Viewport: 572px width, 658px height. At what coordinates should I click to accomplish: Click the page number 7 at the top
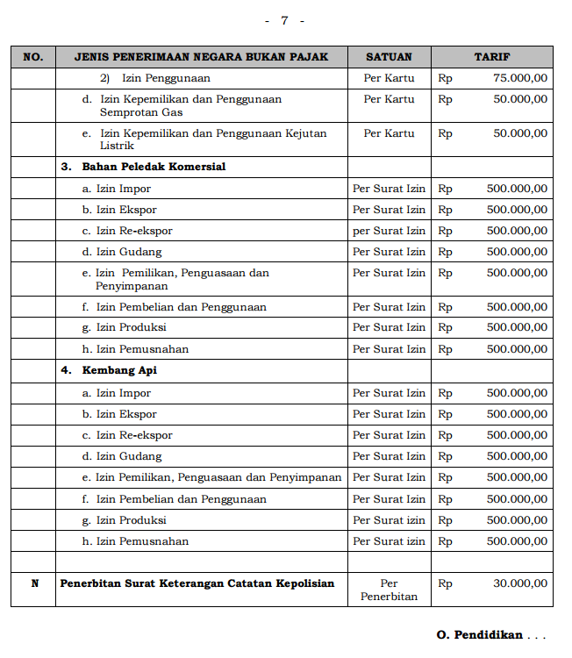tap(284, 20)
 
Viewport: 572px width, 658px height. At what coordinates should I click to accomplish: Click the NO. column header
tap(32, 57)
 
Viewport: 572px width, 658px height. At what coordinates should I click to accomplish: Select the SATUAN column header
tap(389, 57)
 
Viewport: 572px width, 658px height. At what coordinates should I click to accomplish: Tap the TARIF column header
tap(492, 57)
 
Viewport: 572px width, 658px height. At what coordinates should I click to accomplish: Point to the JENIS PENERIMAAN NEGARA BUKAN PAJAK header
tap(201, 57)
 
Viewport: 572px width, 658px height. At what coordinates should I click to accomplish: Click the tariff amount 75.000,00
tap(520, 78)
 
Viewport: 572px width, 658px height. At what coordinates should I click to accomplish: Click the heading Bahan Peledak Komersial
tap(154, 167)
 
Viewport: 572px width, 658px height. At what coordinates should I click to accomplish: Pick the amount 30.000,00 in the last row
tap(520, 583)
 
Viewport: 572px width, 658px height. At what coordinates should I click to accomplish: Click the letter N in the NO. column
tap(35, 583)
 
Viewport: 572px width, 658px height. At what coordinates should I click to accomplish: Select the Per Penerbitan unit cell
tap(389, 590)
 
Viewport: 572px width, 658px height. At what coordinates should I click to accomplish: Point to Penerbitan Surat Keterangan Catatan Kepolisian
tap(197, 583)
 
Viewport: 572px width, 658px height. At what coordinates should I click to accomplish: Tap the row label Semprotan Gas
tap(141, 113)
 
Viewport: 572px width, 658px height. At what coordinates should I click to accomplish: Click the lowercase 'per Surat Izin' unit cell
tap(389, 231)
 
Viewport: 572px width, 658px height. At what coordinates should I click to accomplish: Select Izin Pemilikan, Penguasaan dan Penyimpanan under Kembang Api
tap(218, 478)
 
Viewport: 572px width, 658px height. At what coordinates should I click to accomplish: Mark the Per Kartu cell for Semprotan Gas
tap(389, 99)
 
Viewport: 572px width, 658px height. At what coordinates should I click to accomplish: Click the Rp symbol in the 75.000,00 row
tap(445, 78)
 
